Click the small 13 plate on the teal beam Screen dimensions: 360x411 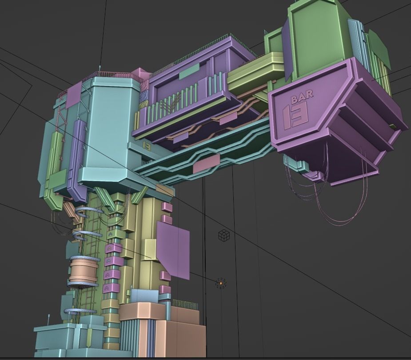[146, 145]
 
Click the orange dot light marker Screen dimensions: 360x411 [221, 283]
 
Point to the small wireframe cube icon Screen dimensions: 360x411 [224, 235]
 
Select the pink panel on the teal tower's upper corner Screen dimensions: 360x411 [74, 95]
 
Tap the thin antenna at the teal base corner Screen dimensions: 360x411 [48, 320]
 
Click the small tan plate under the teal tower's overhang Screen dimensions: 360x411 [165, 190]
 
